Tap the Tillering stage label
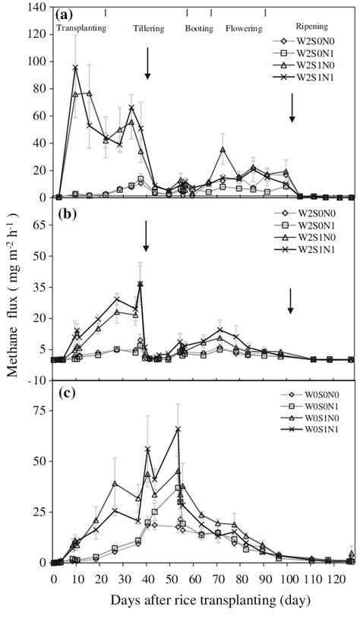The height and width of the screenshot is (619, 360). [148, 28]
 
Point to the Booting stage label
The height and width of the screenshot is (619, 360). [200, 28]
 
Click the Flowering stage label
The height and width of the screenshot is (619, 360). [244, 28]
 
